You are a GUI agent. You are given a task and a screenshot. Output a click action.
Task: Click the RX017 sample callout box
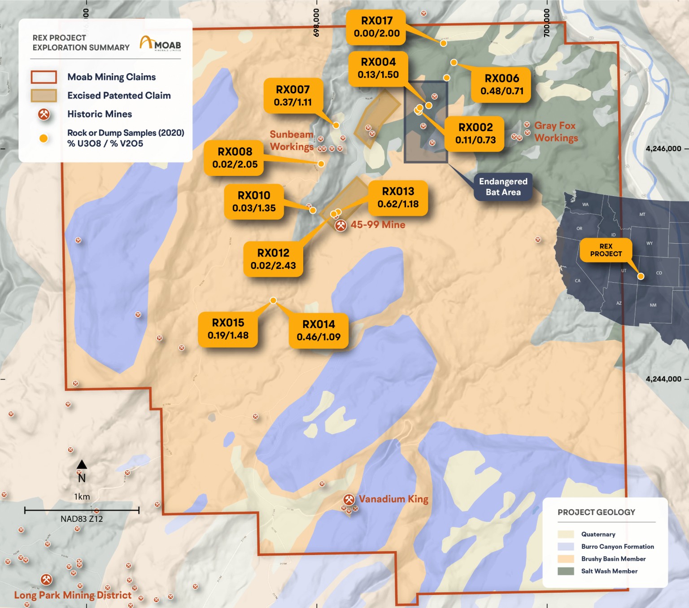tap(376, 27)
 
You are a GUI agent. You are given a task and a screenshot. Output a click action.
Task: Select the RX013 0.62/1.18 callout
tap(398, 198)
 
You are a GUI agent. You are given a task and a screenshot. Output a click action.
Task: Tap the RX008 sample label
tap(235, 158)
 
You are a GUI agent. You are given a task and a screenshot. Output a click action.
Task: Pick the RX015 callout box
tap(228, 329)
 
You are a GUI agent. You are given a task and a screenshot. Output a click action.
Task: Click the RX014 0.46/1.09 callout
tap(318, 331)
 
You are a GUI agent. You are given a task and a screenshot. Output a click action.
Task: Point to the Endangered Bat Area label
tap(503, 187)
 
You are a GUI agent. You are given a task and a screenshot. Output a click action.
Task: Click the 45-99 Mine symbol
tap(341, 225)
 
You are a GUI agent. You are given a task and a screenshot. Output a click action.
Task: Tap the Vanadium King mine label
tap(393, 499)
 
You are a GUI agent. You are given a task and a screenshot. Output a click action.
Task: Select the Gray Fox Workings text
tap(556, 132)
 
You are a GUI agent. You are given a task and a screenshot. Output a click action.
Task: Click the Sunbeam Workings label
tap(292, 140)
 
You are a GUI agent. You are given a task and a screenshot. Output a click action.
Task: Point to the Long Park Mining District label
tap(73, 595)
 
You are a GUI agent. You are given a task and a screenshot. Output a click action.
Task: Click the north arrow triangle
tap(82, 464)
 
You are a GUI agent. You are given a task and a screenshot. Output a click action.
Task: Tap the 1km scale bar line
tap(82, 510)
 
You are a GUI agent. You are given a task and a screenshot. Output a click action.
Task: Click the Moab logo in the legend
tap(161, 44)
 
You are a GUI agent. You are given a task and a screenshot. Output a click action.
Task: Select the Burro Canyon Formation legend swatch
tap(566, 547)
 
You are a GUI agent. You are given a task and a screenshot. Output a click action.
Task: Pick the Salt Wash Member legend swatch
tap(566, 571)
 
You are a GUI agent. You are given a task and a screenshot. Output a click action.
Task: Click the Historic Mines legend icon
tap(44, 114)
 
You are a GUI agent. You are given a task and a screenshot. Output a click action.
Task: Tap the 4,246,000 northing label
tap(663, 149)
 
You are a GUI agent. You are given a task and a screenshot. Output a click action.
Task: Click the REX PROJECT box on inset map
tap(606, 250)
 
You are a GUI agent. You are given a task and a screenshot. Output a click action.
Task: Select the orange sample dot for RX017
tap(443, 44)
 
